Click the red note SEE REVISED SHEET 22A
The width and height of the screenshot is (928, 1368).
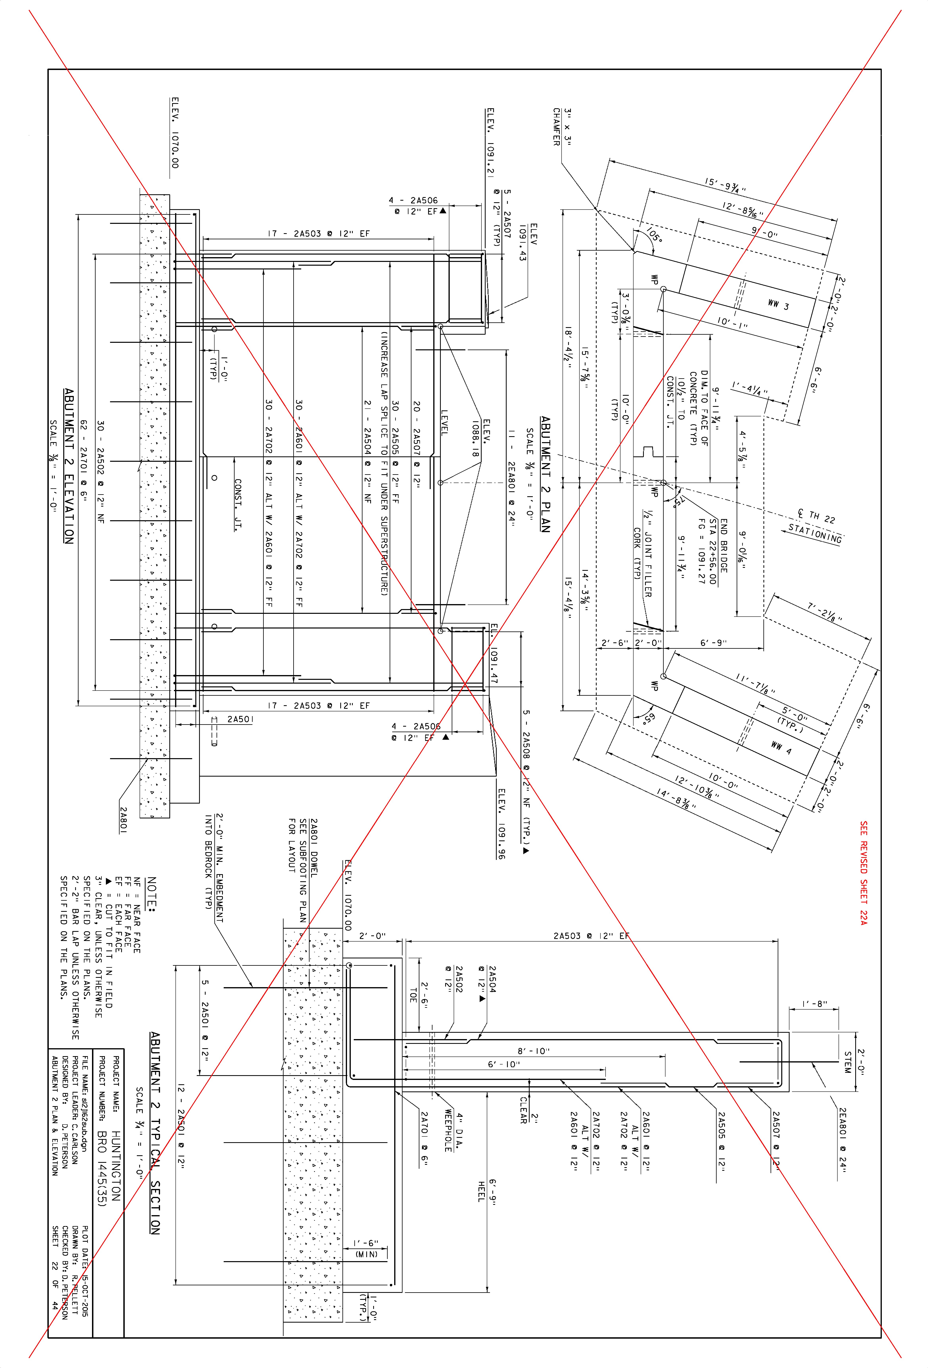tap(863, 873)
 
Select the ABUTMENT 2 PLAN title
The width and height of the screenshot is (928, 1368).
tap(545, 474)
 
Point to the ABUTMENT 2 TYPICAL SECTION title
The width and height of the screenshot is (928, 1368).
tap(155, 1133)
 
